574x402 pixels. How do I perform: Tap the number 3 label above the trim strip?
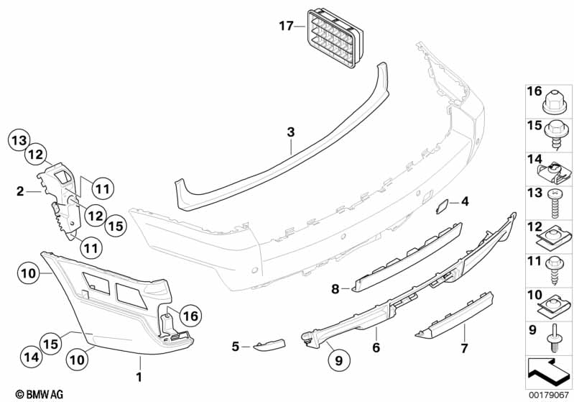click(x=290, y=132)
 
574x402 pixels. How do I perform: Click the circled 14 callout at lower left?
click(x=29, y=355)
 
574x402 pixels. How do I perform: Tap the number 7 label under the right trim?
click(x=464, y=349)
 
